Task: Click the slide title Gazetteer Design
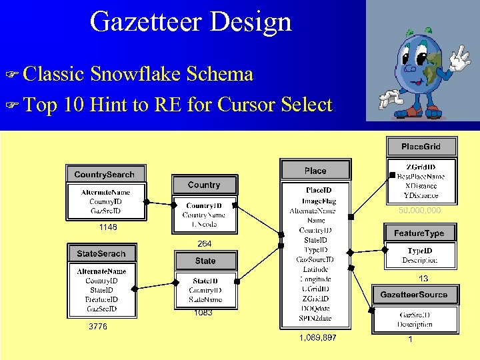(191, 21)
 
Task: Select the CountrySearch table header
(104, 175)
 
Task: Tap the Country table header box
(204, 185)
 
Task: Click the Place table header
(315, 171)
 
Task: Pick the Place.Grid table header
(421, 147)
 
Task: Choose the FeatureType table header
(423, 233)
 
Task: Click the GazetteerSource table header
(414, 295)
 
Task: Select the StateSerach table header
(101, 254)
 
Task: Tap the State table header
(205, 261)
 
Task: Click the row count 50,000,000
(420, 211)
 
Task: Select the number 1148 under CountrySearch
(108, 227)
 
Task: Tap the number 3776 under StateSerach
(98, 327)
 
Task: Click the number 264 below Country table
(204, 244)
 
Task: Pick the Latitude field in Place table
(316, 269)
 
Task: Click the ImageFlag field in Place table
(319, 201)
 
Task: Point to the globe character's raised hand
(459, 59)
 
